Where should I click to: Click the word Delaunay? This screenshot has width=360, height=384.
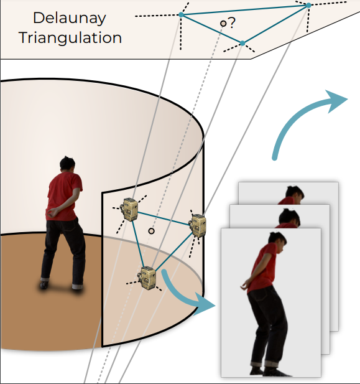click(70, 19)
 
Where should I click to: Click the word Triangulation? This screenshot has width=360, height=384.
click(70, 38)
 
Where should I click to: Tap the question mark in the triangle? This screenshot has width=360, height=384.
click(231, 22)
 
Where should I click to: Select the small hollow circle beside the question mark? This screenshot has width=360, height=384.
click(223, 24)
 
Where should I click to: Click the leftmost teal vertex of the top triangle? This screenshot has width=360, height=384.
click(181, 15)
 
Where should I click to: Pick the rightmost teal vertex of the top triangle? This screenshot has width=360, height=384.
click(308, 5)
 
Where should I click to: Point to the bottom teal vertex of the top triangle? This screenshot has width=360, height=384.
click(242, 44)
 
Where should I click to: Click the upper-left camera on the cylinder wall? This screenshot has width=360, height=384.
click(129, 209)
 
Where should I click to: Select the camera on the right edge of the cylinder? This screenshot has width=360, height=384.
click(198, 225)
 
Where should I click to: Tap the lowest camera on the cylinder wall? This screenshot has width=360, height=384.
click(147, 278)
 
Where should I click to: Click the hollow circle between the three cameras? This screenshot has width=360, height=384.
click(151, 231)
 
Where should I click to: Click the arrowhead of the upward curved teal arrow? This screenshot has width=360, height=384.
click(336, 101)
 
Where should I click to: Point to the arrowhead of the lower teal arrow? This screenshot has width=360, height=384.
click(204, 304)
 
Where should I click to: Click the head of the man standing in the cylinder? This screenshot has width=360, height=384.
click(67, 164)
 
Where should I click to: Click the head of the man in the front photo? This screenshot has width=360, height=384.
click(277, 240)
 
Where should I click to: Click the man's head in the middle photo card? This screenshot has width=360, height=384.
click(290, 217)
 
